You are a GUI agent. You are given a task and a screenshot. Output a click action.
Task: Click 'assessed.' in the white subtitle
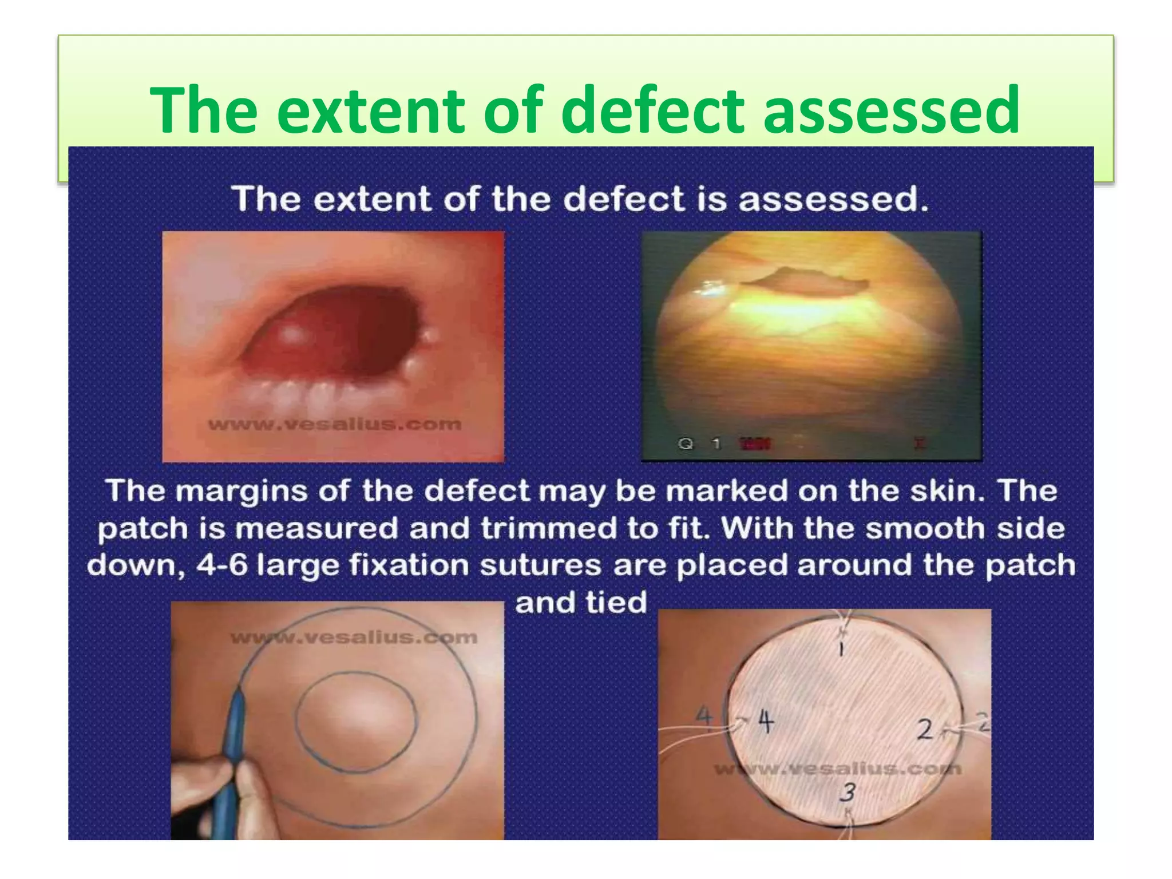(833, 199)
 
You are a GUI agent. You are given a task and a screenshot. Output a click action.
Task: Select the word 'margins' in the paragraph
(241, 492)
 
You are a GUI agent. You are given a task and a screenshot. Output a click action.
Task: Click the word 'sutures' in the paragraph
(540, 565)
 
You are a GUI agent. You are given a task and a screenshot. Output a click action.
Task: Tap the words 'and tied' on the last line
(581, 603)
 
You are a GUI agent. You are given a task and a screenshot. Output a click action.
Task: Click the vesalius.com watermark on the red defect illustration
(335, 425)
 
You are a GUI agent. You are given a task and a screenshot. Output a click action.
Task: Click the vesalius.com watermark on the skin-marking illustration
(354, 637)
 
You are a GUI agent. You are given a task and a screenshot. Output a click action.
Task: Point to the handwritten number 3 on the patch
(848, 793)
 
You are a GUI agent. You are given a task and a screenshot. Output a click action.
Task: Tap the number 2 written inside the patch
(925, 730)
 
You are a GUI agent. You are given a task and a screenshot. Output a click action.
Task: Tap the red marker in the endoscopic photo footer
(755, 444)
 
